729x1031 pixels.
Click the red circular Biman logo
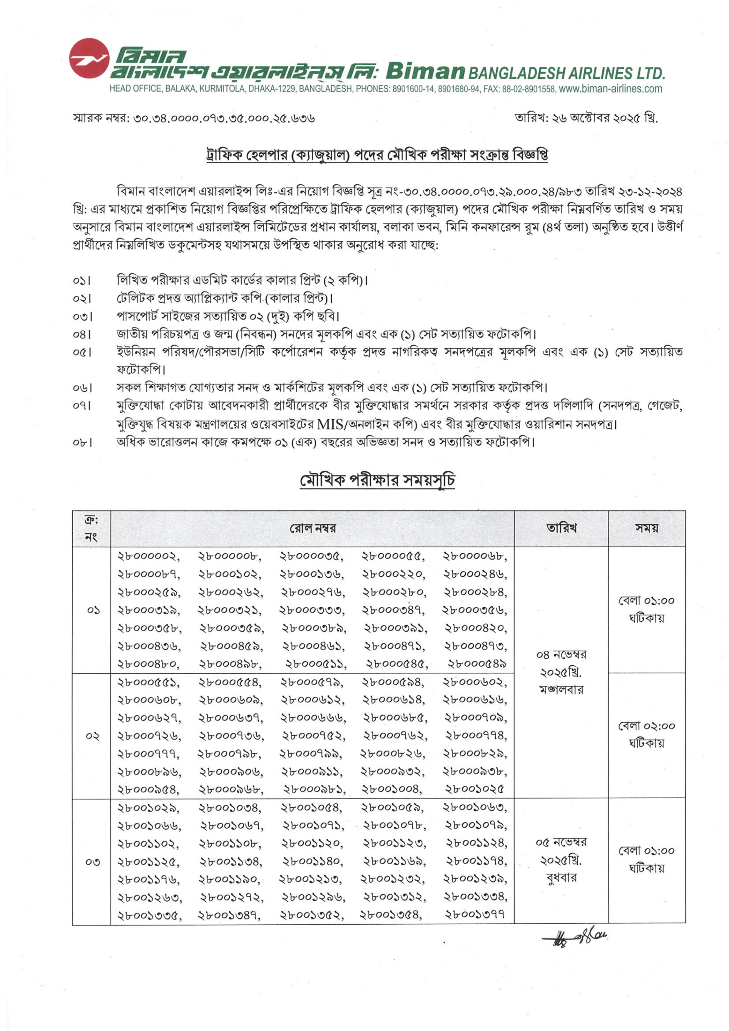tap(89, 58)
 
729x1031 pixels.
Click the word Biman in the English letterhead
tap(424, 71)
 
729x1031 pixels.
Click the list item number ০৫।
tap(82, 352)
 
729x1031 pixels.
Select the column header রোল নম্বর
tap(313, 528)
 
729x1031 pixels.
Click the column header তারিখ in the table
tap(561, 528)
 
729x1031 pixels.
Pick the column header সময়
tap(646, 528)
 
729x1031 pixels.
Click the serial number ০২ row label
tap(92, 736)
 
